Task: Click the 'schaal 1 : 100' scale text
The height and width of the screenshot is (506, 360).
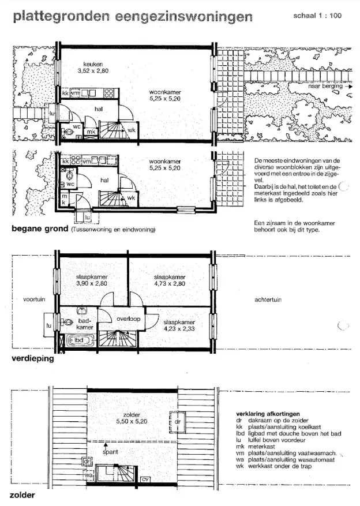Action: [x=317, y=16]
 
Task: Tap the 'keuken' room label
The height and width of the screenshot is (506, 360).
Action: [x=93, y=64]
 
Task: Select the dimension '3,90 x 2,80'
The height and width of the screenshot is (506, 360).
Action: [x=92, y=284]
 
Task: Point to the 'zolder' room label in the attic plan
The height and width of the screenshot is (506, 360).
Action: [x=132, y=415]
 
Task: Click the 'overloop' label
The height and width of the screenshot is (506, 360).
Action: [x=129, y=319]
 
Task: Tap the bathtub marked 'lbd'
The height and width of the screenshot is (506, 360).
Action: [x=80, y=340]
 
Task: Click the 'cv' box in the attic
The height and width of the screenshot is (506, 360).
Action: [x=145, y=479]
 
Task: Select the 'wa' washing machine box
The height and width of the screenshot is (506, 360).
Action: [x=88, y=475]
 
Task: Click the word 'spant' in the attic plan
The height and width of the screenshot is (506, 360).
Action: [x=110, y=452]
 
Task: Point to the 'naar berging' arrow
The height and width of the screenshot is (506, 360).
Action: [x=348, y=87]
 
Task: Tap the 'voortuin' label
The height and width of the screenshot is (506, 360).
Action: [x=34, y=299]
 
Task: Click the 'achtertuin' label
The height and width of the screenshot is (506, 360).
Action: [x=268, y=299]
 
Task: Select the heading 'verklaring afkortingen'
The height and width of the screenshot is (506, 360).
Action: [x=268, y=414]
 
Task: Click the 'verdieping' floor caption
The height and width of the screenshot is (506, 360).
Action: [x=33, y=358]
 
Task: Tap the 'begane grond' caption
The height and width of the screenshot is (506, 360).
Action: [x=40, y=229]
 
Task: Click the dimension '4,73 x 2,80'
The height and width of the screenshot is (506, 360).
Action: [x=170, y=284]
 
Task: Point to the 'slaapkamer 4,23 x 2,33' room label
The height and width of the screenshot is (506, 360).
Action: [x=179, y=325]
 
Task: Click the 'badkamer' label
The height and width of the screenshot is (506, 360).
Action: [x=85, y=324]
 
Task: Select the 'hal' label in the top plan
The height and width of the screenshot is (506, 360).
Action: [x=99, y=109]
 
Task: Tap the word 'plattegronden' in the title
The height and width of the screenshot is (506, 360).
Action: [x=62, y=17]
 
